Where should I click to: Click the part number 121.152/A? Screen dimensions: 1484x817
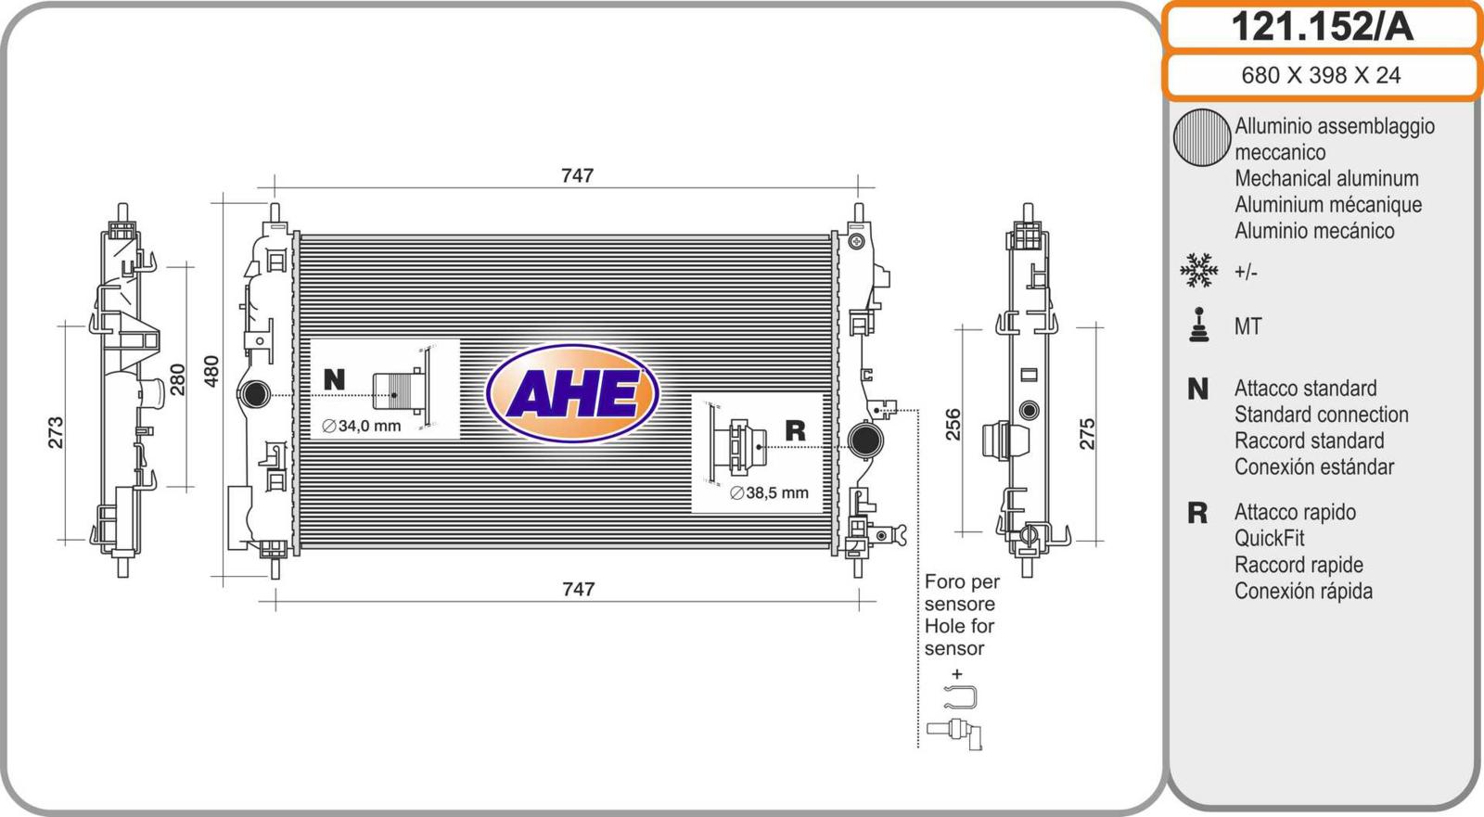point(1322,27)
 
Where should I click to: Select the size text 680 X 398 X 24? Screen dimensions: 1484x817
point(1321,75)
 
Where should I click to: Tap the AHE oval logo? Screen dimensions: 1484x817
point(572,393)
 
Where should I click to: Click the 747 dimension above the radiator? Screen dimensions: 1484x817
point(577,175)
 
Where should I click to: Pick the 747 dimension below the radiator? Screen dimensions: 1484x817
point(579,589)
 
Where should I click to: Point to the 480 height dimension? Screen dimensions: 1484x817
point(211,372)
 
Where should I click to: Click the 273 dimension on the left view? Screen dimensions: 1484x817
point(57,433)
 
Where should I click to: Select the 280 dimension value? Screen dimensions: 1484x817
point(177,379)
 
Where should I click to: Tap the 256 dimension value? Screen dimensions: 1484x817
point(953,425)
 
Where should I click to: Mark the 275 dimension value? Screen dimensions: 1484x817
point(1087,434)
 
